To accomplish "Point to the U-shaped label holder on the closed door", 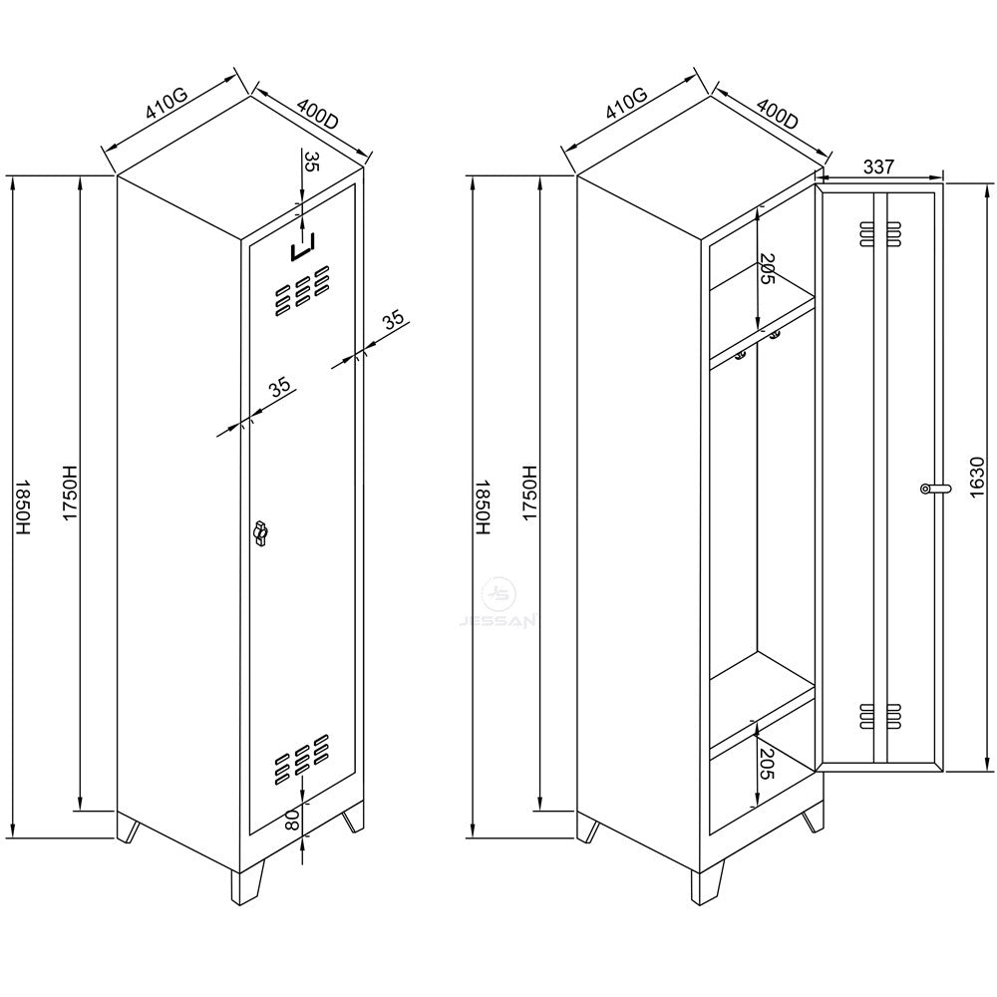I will coord(302,248).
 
